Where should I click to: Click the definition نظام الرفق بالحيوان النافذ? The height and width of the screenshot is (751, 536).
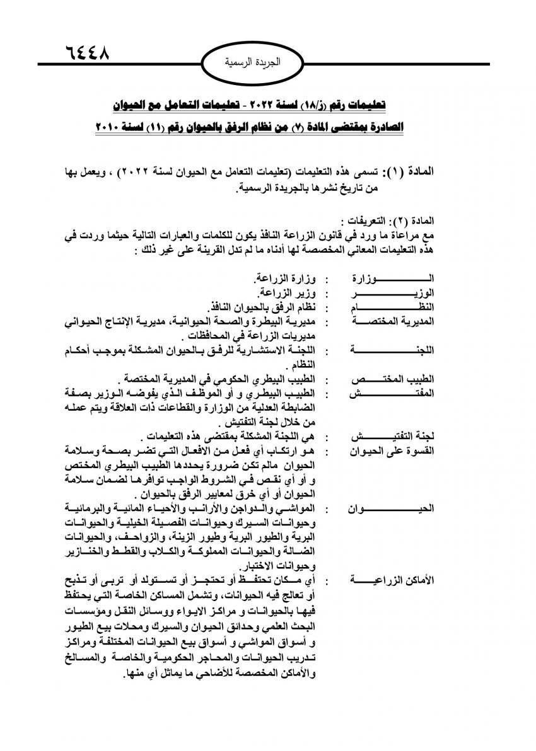point(260,307)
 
